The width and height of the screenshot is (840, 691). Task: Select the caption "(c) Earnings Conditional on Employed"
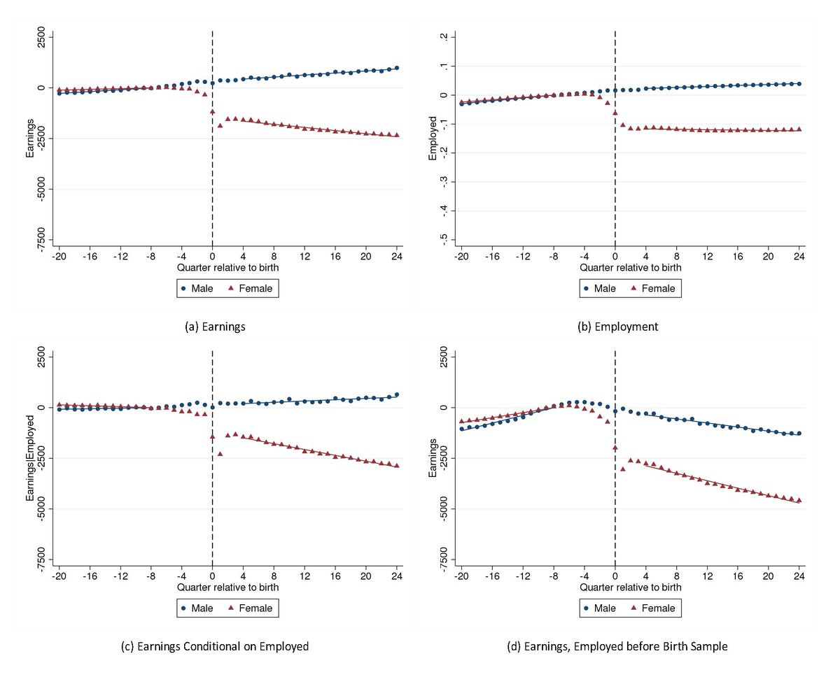click(x=215, y=647)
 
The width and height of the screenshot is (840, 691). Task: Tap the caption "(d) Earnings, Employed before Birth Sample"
click(x=617, y=647)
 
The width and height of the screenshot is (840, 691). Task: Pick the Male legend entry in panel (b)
click(x=600, y=288)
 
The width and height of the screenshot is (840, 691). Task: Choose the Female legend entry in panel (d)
click(x=653, y=608)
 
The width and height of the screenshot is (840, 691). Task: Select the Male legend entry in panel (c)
click(x=197, y=608)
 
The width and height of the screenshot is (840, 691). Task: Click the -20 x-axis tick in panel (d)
click(x=461, y=577)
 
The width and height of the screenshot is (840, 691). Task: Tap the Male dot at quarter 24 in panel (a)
click(x=397, y=68)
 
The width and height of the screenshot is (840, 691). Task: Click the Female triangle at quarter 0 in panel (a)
click(x=212, y=111)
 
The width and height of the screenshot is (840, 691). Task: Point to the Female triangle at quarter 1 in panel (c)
click(x=220, y=454)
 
